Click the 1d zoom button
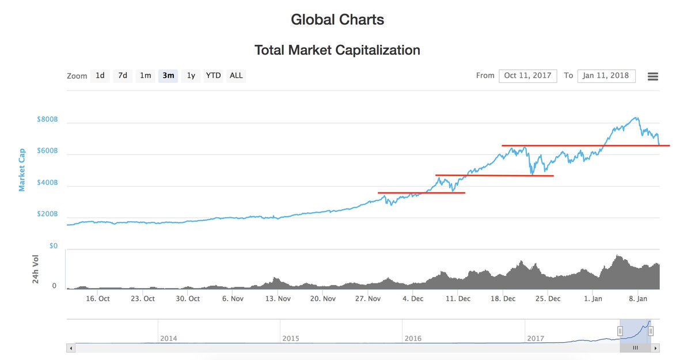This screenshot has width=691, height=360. (100, 75)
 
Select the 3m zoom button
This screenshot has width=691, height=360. (168, 75)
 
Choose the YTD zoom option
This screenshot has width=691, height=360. (213, 75)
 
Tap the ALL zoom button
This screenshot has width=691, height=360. (236, 75)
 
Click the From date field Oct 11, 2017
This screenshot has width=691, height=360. (527, 75)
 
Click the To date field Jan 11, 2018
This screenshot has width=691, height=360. (606, 75)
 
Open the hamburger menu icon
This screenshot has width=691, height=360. (652, 77)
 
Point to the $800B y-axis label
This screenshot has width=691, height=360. (48, 120)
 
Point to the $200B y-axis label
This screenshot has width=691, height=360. (48, 214)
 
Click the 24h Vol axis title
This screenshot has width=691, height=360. (36, 269)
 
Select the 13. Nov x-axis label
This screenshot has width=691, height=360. (277, 298)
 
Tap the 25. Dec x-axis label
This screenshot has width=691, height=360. (548, 298)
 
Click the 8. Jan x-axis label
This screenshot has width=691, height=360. (637, 298)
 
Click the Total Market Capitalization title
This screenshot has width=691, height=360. (337, 50)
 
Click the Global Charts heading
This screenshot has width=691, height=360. (337, 20)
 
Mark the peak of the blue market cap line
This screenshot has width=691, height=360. (636, 118)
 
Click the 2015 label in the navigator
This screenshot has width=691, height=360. (291, 339)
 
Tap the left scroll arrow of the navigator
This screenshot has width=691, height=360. (71, 348)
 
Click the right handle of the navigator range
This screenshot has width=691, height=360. (651, 331)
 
